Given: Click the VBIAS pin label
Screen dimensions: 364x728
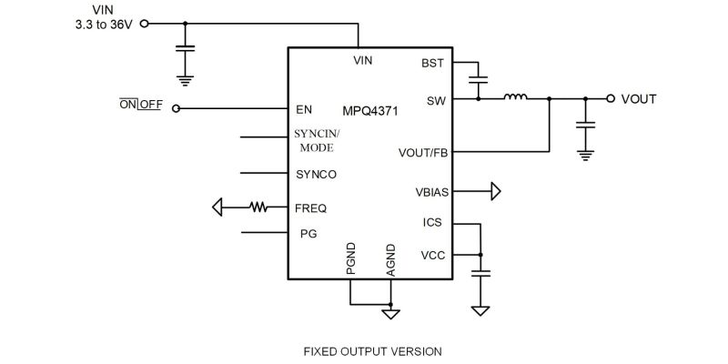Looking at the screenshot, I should tap(430, 191).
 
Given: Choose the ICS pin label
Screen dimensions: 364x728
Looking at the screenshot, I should tap(433, 222).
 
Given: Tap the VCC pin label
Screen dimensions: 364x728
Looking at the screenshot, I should tap(432, 256).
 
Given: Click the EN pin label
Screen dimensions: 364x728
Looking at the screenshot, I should tap(304, 109).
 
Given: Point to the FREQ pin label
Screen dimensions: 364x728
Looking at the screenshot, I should tap(311, 207).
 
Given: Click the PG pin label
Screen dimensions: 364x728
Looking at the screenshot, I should tap(308, 234).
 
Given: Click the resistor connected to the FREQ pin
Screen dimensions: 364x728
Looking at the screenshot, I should tap(260, 207).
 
